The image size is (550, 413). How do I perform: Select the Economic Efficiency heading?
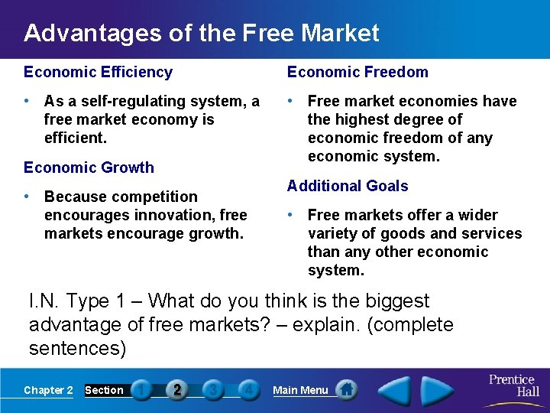98,72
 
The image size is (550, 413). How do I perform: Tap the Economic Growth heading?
89,167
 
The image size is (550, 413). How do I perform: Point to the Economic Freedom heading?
357,72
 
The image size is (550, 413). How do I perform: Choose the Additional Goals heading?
348,186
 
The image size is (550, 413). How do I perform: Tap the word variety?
331,233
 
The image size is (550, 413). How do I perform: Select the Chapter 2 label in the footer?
48,390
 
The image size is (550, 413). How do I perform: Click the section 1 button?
141,390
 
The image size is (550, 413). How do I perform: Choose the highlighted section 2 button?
177,390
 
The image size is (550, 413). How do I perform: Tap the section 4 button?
248,390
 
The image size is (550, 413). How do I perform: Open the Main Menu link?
300,390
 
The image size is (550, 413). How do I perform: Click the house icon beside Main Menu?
347,390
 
